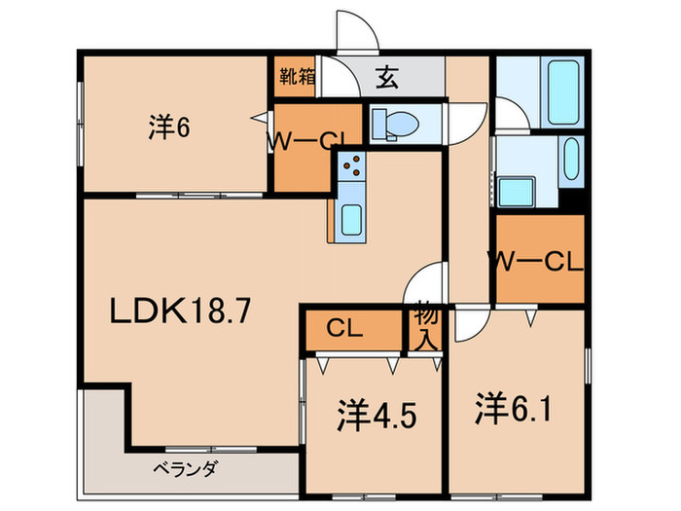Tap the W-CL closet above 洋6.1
[537, 261]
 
